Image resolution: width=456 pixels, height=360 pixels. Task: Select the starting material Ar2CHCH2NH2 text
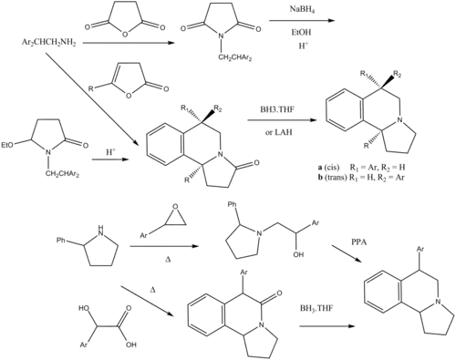coord(48,43)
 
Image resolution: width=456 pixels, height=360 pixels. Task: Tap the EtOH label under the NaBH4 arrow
coord(301,32)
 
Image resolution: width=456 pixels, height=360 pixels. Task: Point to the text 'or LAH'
coord(279,132)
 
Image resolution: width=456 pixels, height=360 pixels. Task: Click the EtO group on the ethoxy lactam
coord(7,146)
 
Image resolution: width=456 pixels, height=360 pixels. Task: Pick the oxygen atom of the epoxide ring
coord(174,207)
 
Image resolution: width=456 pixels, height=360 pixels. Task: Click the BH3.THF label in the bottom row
coord(316,309)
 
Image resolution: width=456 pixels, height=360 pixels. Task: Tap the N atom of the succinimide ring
coord(222,36)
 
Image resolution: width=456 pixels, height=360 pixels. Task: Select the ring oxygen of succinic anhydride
coord(125,35)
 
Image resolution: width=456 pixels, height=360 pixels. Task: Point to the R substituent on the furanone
coord(90,88)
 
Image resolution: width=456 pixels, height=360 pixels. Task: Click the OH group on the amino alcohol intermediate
coord(298,254)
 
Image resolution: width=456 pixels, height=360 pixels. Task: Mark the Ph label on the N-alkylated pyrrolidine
coord(232,205)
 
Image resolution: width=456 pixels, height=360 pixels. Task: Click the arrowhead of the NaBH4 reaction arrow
coord(331,21)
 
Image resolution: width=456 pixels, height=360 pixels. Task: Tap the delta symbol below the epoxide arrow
coord(166,260)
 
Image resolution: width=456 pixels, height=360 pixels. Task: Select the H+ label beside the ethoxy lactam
coord(111,152)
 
